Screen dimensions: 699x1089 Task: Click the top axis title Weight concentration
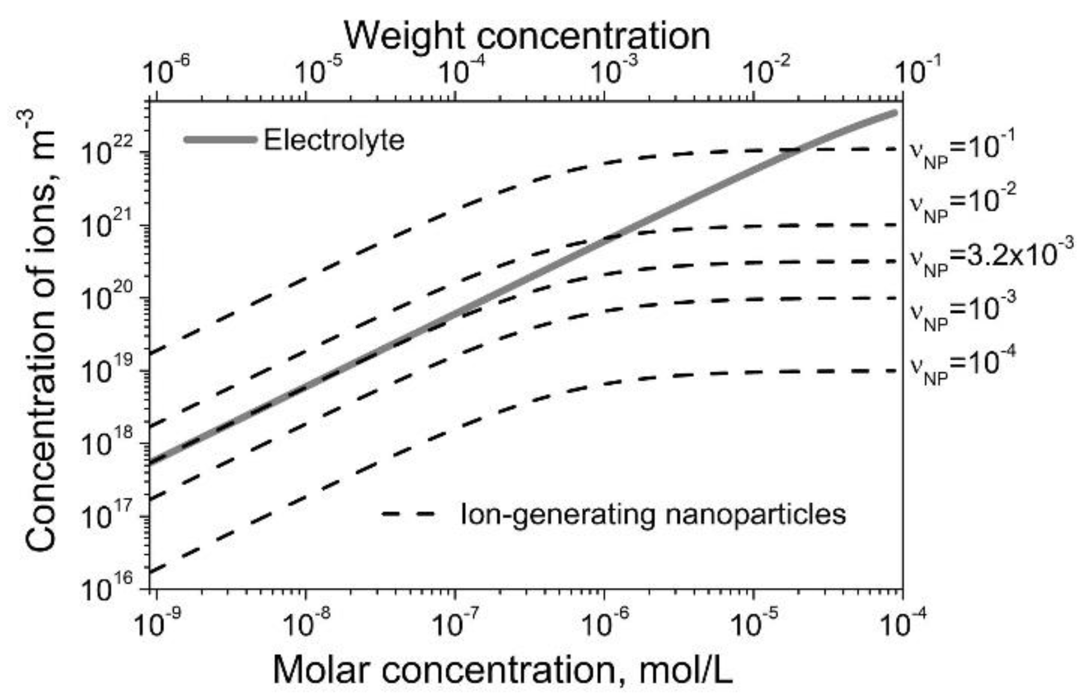(526, 36)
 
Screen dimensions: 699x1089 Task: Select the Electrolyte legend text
(334, 140)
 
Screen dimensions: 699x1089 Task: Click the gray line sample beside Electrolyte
(221, 140)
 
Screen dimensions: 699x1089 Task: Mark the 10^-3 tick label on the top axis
(615, 71)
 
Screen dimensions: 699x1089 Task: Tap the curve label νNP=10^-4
(960, 368)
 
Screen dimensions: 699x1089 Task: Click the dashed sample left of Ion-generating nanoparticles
(408, 514)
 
